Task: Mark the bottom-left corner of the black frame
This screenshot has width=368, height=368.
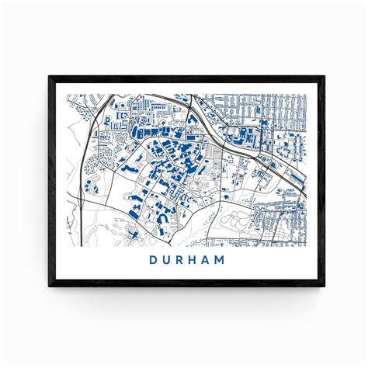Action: pyautogui.click(x=50, y=287)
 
